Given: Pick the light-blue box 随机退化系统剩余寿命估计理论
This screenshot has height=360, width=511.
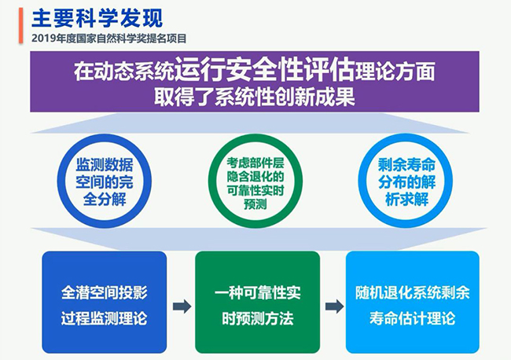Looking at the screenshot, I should (411, 302).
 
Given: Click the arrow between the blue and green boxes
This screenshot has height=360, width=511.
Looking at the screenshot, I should (182, 306).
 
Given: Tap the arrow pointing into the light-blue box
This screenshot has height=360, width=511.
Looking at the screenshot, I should (333, 306).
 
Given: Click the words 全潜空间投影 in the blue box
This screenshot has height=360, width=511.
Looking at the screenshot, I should (104, 290).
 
